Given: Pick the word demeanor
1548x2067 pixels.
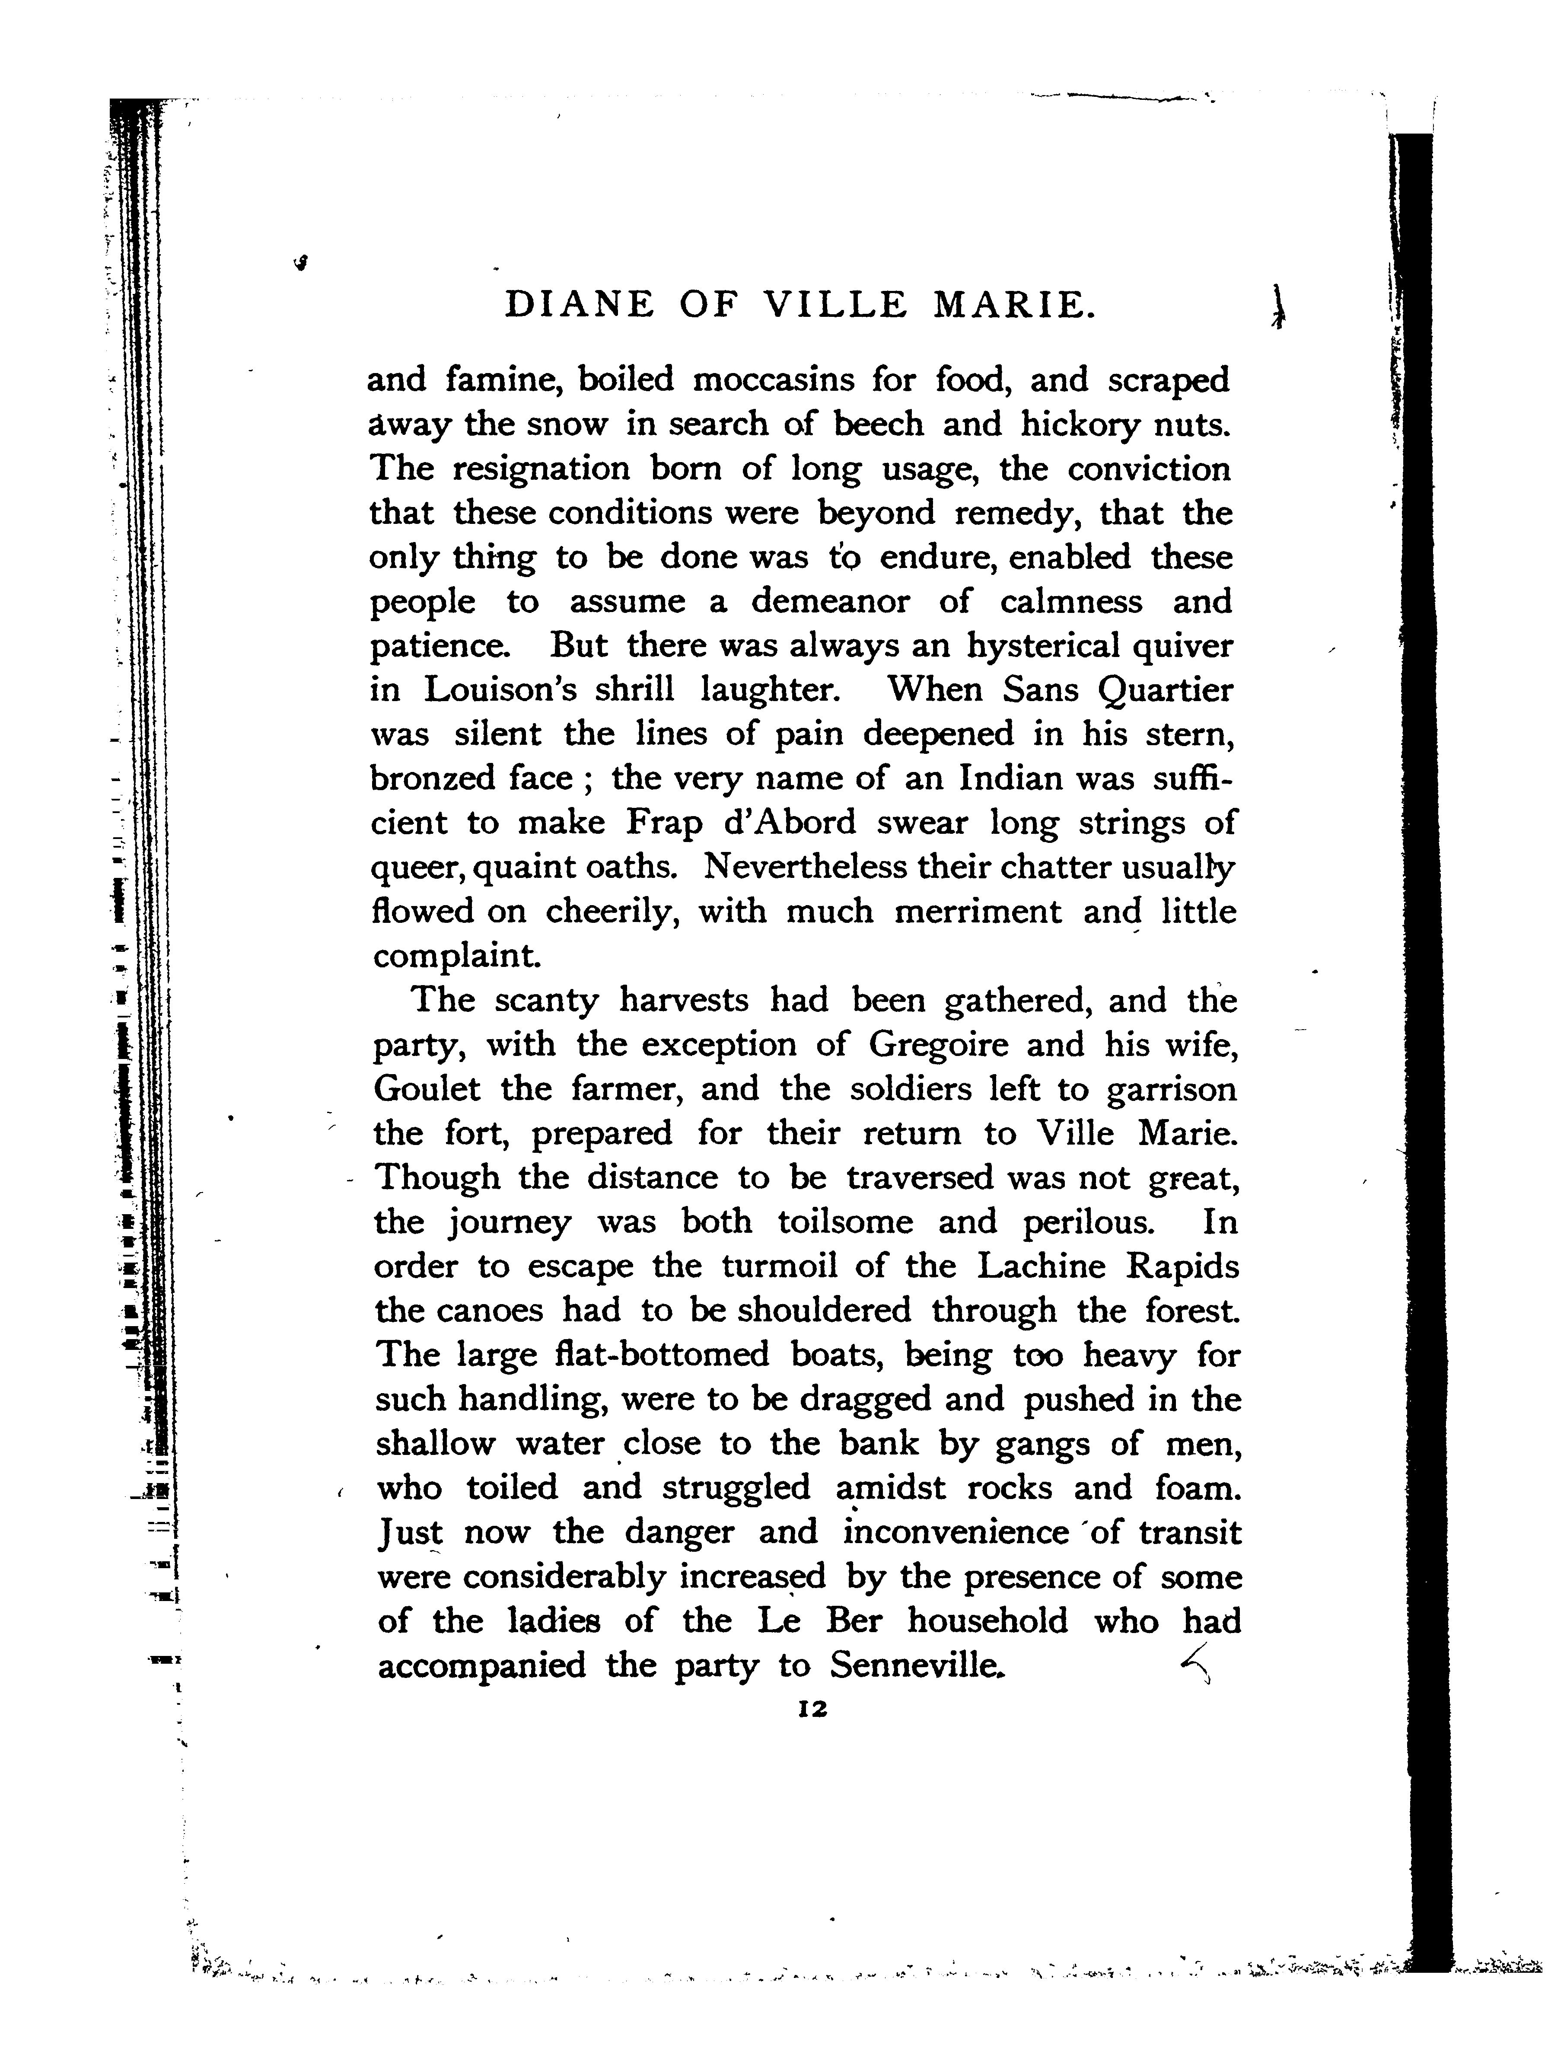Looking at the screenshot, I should click(x=830, y=601).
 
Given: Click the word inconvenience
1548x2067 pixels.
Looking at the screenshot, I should click(x=955, y=1532).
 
